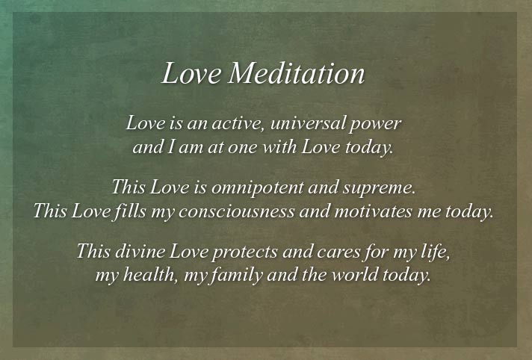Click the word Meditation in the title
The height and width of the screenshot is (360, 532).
(296, 73)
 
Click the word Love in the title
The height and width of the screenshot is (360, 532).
(191, 73)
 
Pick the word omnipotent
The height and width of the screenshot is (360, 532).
(258, 188)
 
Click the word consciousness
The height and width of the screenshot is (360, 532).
(236, 211)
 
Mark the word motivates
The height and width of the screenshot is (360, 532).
(373, 211)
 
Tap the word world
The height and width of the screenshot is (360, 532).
(355, 275)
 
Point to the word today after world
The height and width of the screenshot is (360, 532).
(406, 276)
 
